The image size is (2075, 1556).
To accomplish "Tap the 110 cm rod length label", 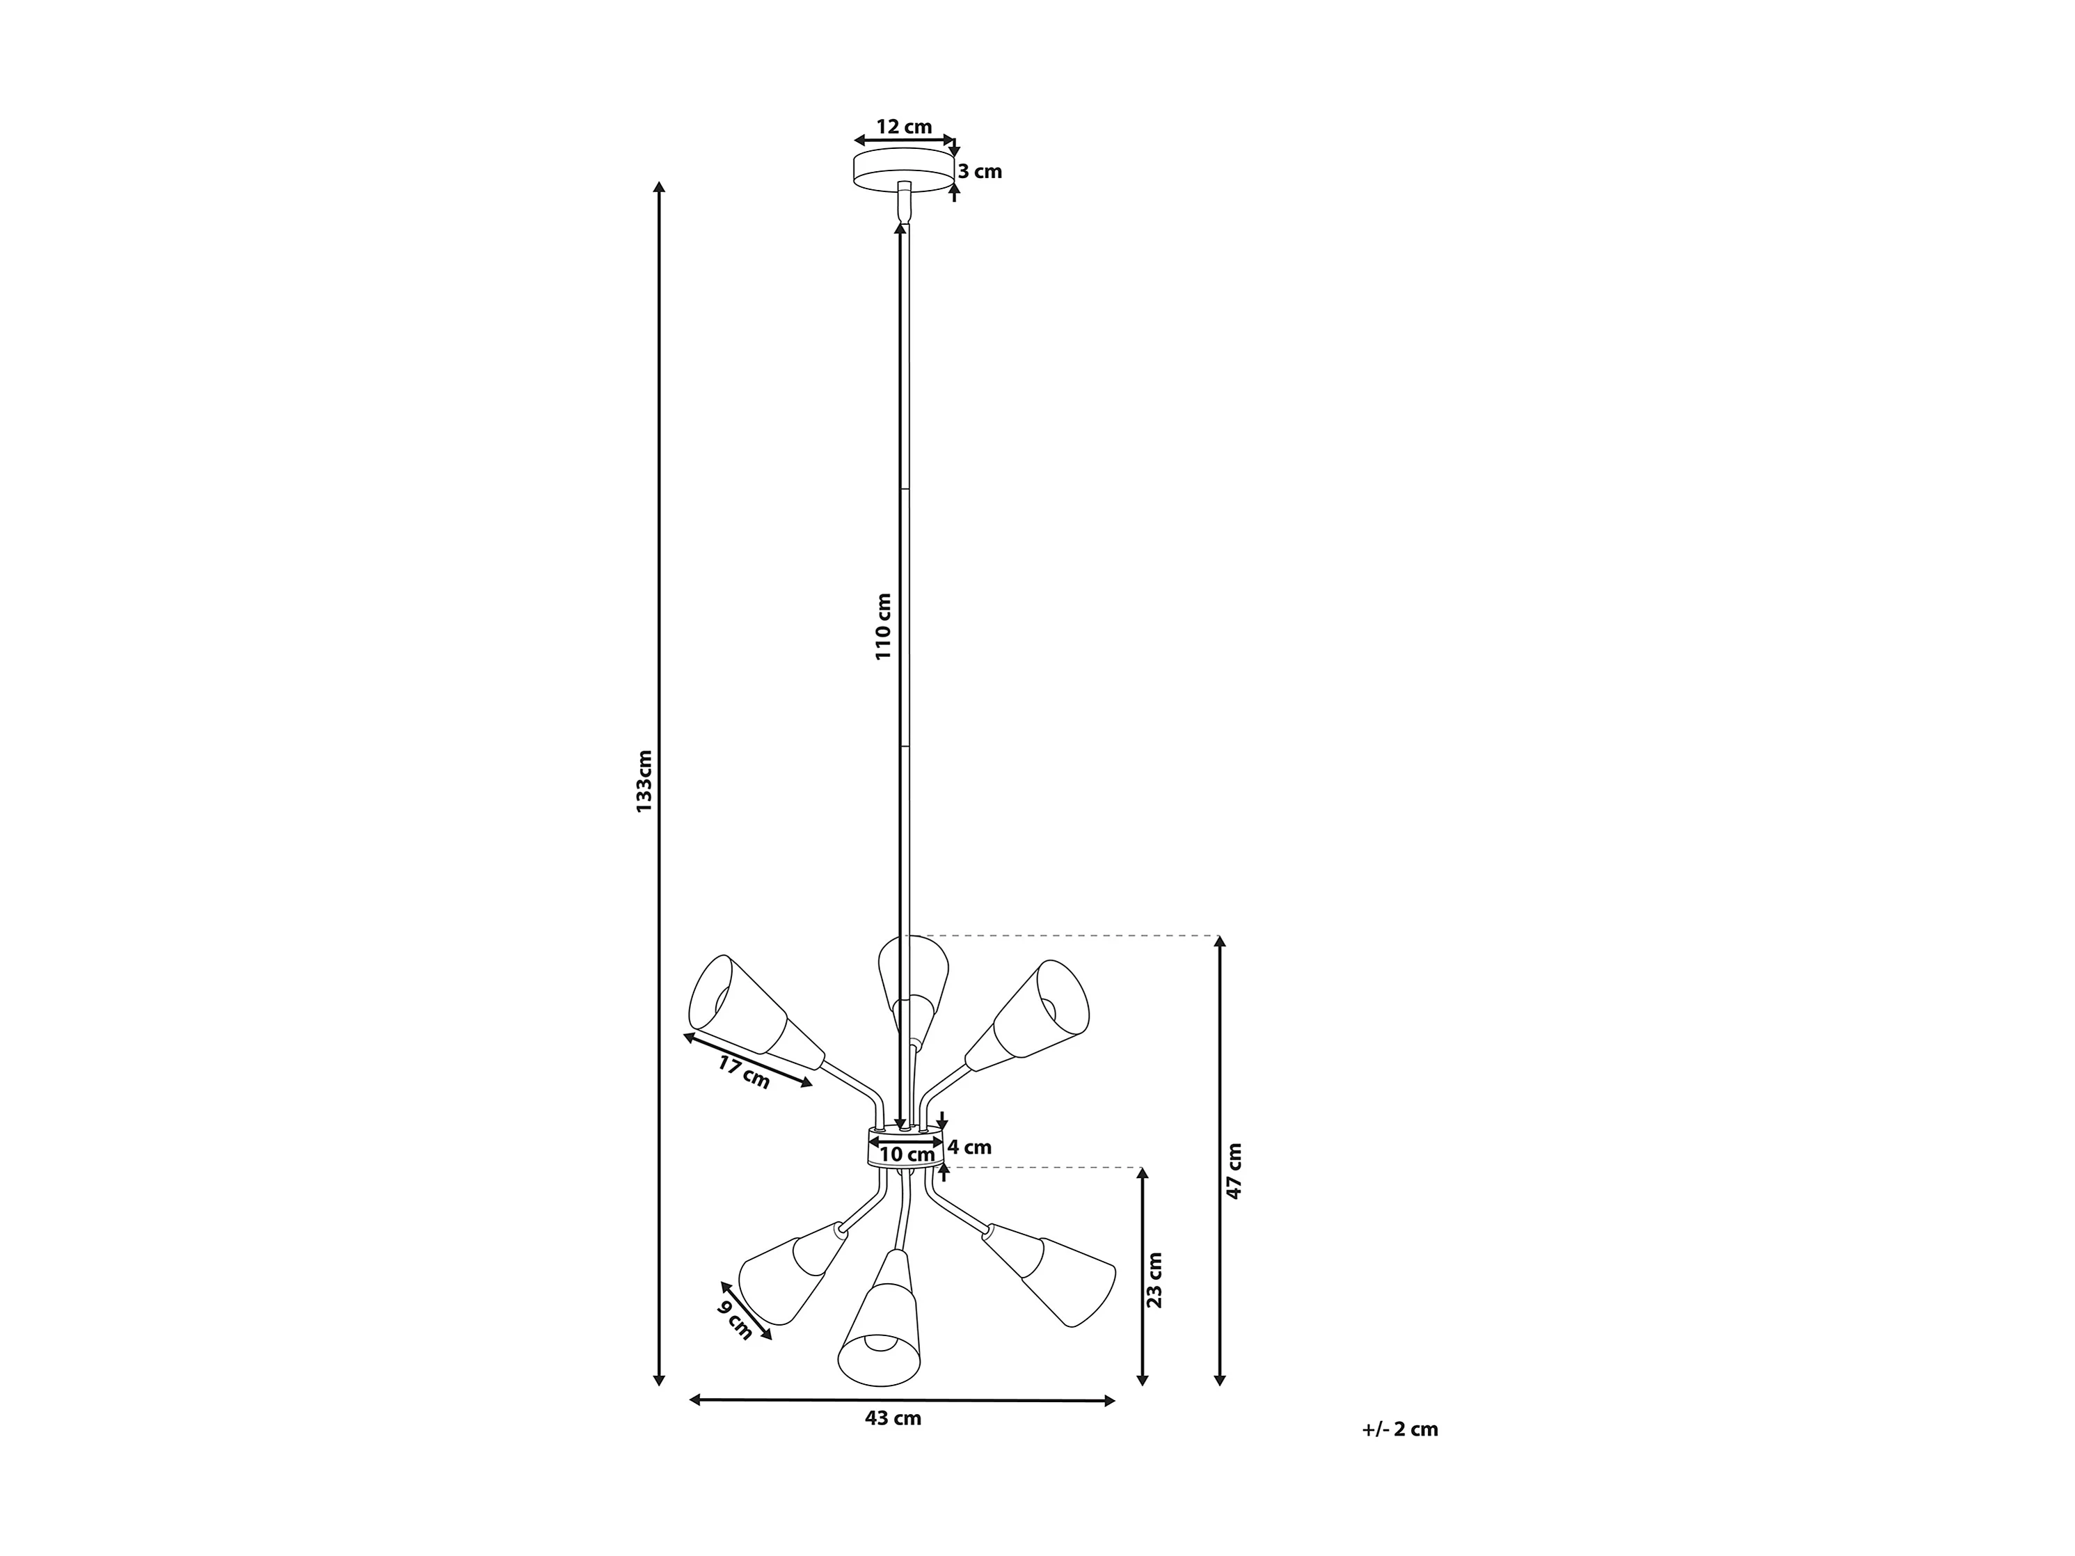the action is pyautogui.click(x=883, y=626).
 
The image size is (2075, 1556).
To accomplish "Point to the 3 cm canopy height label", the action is pyautogui.click(x=980, y=172).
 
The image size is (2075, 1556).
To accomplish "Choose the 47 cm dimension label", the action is pyautogui.click(x=1234, y=1170).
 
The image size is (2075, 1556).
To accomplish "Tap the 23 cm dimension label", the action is pyautogui.click(x=1156, y=1280).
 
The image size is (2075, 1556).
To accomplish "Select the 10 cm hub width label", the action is pyautogui.click(x=907, y=1154).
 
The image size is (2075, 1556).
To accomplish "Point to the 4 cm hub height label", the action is pyautogui.click(x=969, y=1146).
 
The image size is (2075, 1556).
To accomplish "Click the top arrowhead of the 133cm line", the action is pyautogui.click(x=660, y=186).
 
